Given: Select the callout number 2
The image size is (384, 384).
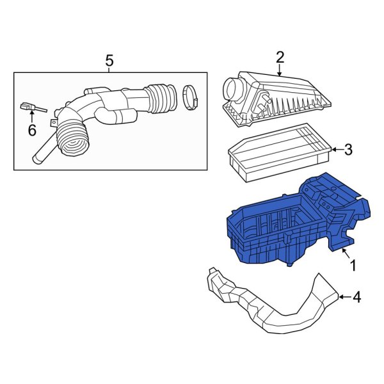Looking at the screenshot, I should pos(280,58).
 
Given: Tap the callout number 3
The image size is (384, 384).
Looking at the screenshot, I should pos(348,150).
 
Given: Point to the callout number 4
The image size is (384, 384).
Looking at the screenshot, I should pos(356,297).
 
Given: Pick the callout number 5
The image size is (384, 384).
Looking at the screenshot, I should pos(109,61).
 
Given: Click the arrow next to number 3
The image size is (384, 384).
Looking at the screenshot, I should pos(335,150).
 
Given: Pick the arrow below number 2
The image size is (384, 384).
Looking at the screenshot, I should pos(280,72).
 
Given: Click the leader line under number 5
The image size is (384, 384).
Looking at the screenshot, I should pos(109,70).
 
